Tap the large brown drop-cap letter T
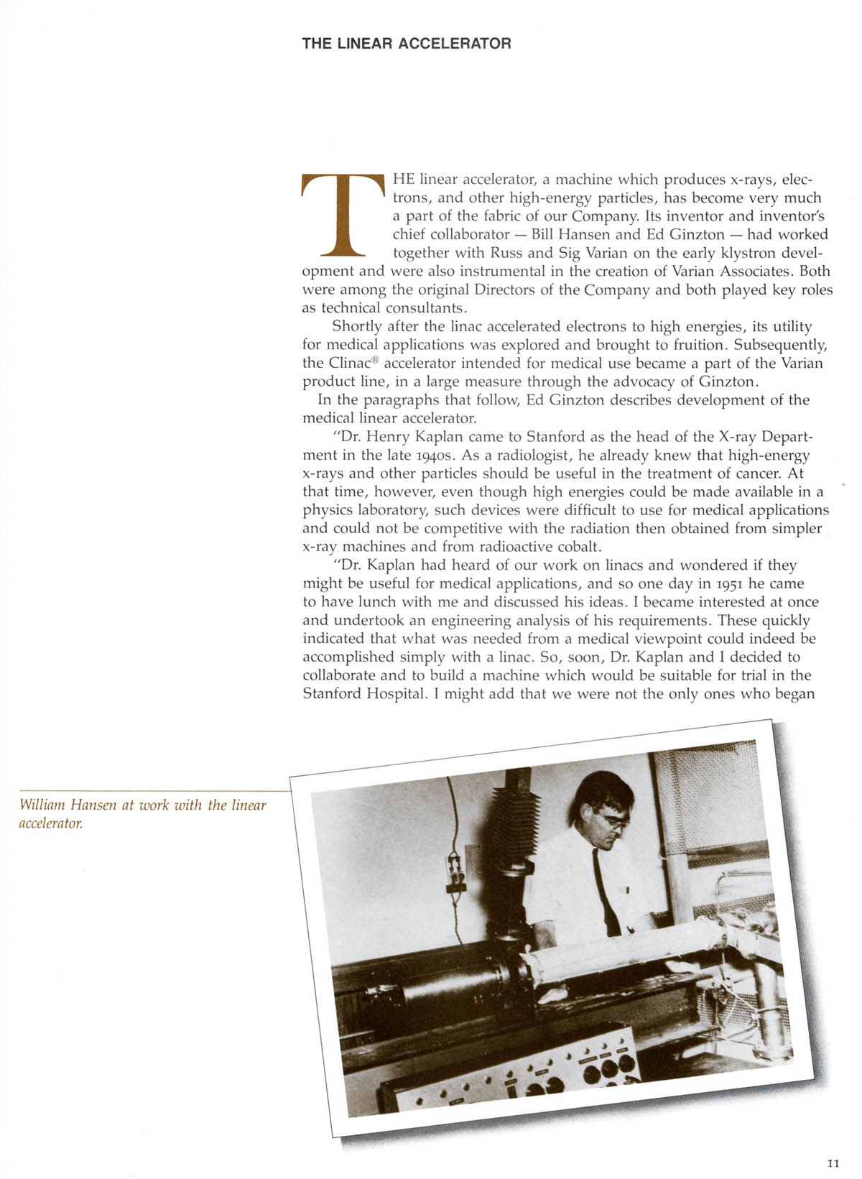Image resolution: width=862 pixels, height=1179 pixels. (x=343, y=215)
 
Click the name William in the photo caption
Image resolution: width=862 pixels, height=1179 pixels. (x=42, y=805)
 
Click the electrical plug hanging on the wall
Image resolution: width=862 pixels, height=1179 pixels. (x=455, y=873)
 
